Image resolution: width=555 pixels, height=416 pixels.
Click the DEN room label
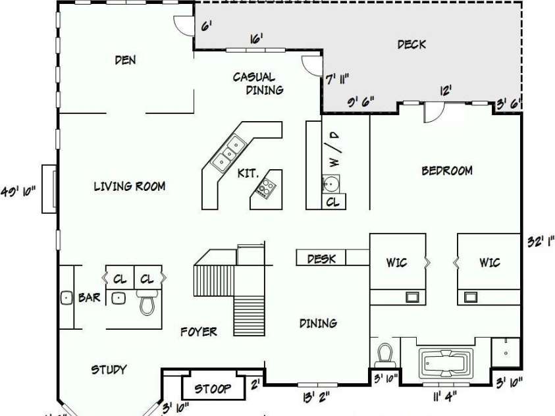(x=125, y=60)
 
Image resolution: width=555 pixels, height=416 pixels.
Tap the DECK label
(x=411, y=44)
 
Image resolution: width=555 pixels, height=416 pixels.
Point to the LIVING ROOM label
(x=129, y=186)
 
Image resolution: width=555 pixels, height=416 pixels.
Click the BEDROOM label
(x=447, y=171)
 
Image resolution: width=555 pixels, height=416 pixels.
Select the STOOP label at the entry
(x=213, y=388)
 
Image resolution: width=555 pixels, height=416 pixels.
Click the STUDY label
(x=109, y=369)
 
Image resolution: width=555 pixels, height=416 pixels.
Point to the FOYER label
(x=199, y=332)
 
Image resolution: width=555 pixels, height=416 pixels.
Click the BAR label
(x=90, y=298)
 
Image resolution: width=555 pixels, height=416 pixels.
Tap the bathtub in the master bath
(x=446, y=362)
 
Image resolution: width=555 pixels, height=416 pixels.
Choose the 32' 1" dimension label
(x=539, y=241)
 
